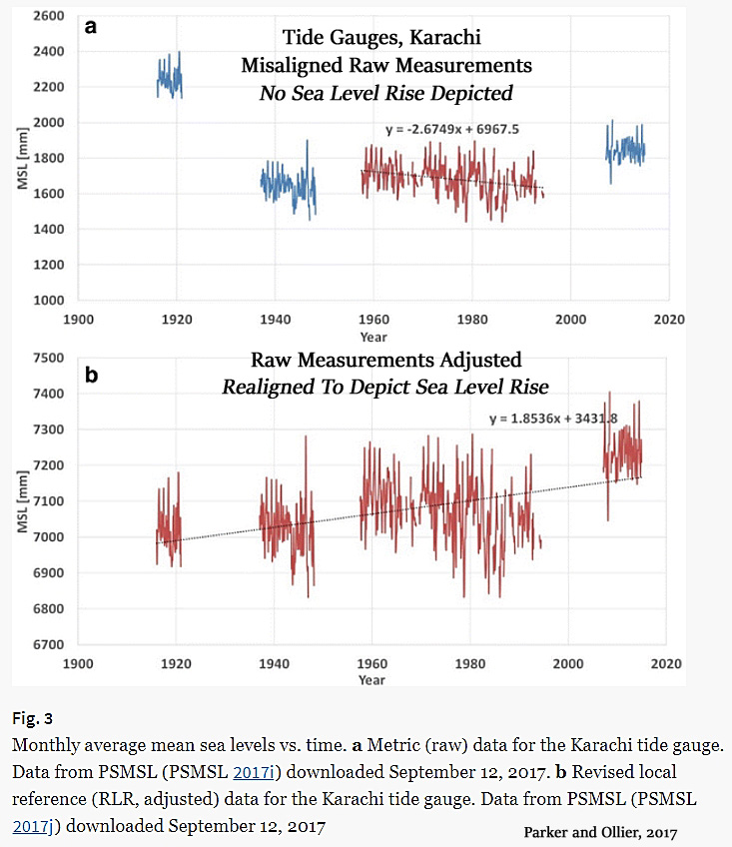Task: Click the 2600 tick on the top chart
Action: pyautogui.click(x=50, y=16)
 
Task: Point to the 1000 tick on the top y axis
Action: pyautogui.click(x=50, y=300)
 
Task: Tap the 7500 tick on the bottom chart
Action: pyautogui.click(x=50, y=358)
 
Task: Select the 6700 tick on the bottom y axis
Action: pyautogui.click(x=50, y=644)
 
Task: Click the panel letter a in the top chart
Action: pyautogui.click(x=91, y=28)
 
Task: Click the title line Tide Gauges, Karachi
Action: pyautogui.click(x=381, y=38)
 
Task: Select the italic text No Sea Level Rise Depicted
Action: pyautogui.click(x=385, y=93)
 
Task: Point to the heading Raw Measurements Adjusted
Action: pyautogui.click(x=385, y=360)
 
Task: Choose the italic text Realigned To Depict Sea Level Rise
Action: pyautogui.click(x=385, y=387)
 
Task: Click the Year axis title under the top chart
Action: pyautogui.click(x=372, y=338)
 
